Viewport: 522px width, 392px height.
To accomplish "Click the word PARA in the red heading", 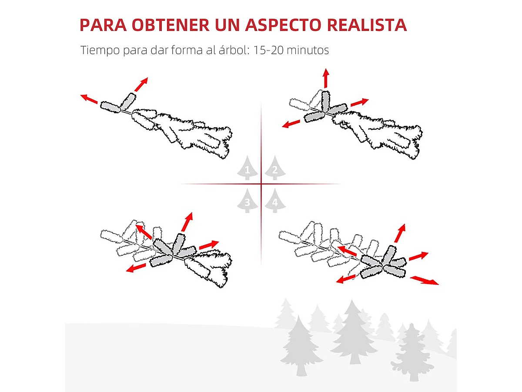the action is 103,25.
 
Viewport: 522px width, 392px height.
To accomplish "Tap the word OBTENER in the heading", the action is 171,25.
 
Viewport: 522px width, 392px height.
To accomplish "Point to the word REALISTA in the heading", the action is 367,25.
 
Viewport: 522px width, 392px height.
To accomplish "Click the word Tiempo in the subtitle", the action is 100,50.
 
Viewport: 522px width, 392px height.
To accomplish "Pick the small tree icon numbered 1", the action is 248,168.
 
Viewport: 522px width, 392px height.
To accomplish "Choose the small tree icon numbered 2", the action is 275,168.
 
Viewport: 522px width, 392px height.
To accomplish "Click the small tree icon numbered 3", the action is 248,201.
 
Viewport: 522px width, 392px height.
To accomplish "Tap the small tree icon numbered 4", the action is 275,201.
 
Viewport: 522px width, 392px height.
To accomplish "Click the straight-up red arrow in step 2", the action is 326,78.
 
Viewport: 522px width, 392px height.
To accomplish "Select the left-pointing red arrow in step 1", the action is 89,99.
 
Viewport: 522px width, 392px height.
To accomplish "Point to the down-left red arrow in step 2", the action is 291,124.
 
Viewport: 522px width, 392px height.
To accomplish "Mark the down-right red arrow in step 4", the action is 424,280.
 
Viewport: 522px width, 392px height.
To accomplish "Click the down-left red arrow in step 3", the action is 136,267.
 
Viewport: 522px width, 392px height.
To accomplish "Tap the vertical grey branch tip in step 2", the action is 325,101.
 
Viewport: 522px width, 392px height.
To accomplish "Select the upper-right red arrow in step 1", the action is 141,84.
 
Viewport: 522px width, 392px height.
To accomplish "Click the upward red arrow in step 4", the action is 400,233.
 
